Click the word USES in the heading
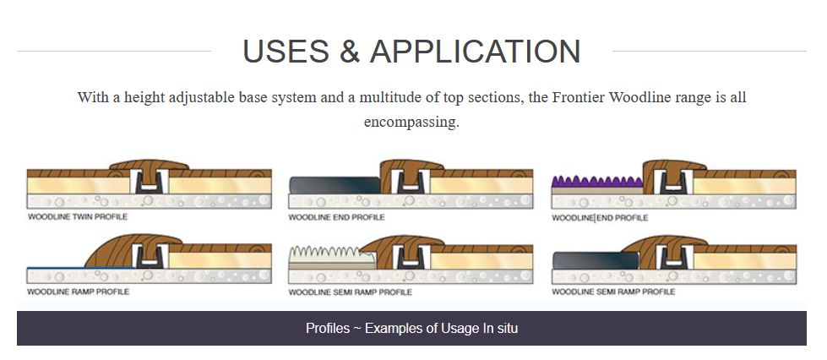tap(286, 52)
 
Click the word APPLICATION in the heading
tap(476, 52)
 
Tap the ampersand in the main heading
tap(349, 52)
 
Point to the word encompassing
tap(411, 123)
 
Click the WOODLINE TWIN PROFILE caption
tap(78, 216)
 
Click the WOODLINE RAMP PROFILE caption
tap(78, 292)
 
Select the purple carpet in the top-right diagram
tap(596, 182)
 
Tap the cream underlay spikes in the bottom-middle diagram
tap(332, 254)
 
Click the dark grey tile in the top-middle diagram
tap(335, 185)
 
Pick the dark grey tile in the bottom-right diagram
tap(596, 261)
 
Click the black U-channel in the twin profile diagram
tap(149, 183)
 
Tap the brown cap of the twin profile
tap(149, 165)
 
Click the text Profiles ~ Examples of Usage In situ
tap(412, 329)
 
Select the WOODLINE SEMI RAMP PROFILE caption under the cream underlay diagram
tap(351, 292)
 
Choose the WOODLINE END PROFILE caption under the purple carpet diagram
tap(600, 217)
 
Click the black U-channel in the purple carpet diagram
tap(673, 183)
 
